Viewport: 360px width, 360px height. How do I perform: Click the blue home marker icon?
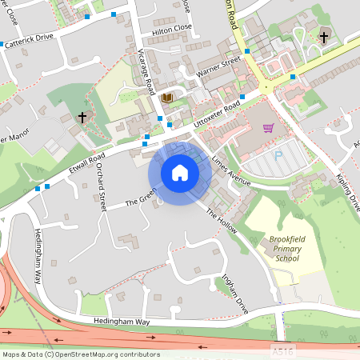tap(180, 173)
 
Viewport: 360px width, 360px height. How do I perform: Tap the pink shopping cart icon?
tap(269, 128)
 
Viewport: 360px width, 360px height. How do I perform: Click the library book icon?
tap(166, 98)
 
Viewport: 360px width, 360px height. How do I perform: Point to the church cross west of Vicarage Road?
tap(81, 118)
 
